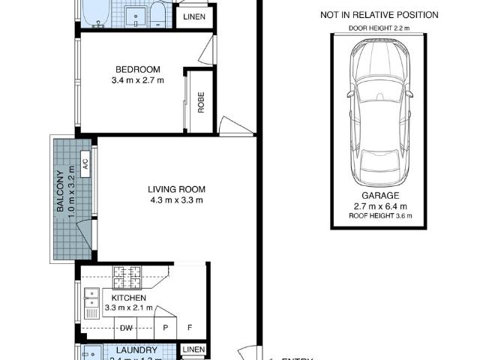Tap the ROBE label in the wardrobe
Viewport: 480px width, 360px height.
coord(201,101)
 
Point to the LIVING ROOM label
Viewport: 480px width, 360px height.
coord(176,190)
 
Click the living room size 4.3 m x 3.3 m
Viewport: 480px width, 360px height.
coord(176,200)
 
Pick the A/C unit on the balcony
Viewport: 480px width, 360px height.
coord(85,163)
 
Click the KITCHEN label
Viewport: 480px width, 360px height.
coord(128,298)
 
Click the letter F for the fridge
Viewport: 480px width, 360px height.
coord(189,328)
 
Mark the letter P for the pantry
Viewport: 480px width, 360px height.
coord(163,328)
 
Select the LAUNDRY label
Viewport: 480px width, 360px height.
coord(136,350)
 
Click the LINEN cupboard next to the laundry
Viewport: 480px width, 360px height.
coord(193,350)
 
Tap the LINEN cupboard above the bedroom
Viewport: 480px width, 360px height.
coord(193,16)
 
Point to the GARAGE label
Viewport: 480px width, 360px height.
coord(379,195)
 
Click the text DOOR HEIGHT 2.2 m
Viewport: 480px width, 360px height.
coord(379,28)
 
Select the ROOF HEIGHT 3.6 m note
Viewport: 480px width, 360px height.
coord(379,216)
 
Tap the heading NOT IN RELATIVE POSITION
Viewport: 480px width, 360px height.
coord(379,15)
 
